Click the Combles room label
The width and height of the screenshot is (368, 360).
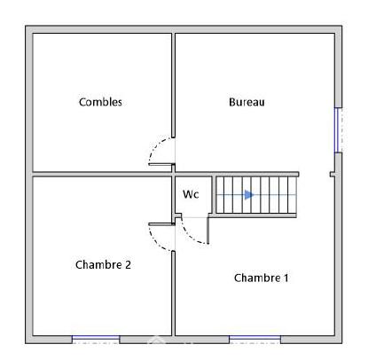(x=100, y=102)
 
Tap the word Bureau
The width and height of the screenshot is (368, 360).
(x=247, y=102)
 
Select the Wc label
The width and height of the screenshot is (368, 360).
(x=191, y=193)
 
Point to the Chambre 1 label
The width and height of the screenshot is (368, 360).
(x=261, y=278)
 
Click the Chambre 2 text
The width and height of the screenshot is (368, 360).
(x=103, y=264)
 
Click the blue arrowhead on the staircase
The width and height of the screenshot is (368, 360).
(x=250, y=194)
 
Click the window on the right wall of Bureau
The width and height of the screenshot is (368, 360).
(x=338, y=129)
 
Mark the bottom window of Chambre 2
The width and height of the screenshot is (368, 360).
(x=95, y=338)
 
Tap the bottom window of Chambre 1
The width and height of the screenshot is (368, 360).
(x=254, y=338)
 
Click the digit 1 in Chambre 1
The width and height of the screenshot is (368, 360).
(x=286, y=278)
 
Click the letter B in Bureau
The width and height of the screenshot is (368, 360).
(x=232, y=102)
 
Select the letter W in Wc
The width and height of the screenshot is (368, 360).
(x=187, y=193)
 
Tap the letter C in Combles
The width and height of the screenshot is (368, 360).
(x=82, y=102)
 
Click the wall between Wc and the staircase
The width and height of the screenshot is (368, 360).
(x=213, y=194)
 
